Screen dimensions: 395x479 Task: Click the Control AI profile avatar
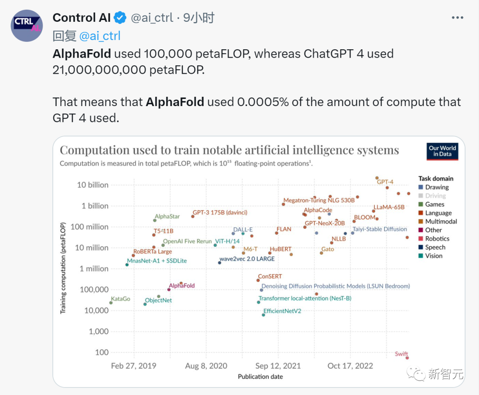tap(27, 26)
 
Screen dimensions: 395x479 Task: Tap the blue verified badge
tap(120, 18)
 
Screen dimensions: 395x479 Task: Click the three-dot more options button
tap(457, 18)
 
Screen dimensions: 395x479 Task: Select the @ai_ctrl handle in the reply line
tap(99, 36)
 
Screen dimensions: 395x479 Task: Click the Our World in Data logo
tap(442, 151)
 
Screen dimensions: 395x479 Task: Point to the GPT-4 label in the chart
tap(385, 182)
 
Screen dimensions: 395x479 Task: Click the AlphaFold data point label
tap(182, 286)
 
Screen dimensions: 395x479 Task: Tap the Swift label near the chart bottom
tap(401, 354)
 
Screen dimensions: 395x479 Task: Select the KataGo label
tap(121, 299)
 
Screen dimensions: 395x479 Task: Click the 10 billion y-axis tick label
tap(92, 185)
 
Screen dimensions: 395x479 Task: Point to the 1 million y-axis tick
tap(94, 269)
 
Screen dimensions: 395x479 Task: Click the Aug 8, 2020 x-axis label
tap(206, 366)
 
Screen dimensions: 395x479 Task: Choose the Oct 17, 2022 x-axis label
tap(350, 366)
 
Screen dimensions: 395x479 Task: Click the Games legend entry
tap(434, 204)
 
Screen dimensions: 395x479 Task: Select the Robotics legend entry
tap(437, 238)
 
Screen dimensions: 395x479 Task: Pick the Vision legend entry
tap(433, 256)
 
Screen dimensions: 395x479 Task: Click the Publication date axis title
tap(260, 376)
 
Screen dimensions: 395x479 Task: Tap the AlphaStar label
tap(167, 216)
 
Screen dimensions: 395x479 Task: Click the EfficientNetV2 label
tap(282, 311)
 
